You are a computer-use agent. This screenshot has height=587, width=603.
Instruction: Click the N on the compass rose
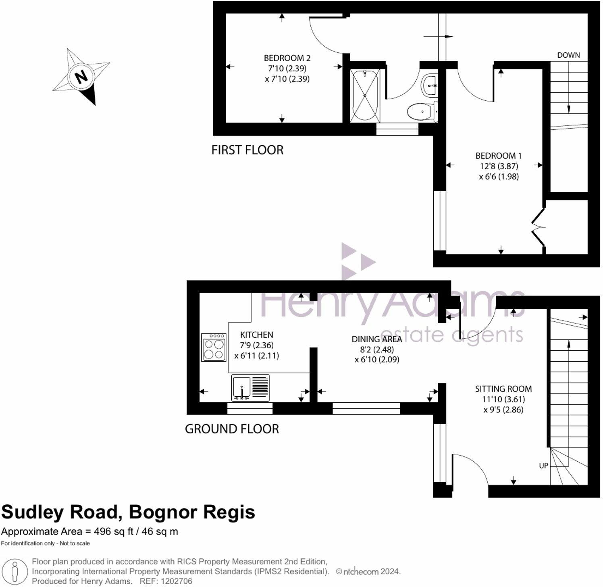pyautogui.click(x=81, y=76)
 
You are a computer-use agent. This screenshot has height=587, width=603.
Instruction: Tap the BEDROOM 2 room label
pyautogui.click(x=287, y=58)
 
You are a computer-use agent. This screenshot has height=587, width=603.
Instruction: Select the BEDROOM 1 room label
pyautogui.click(x=498, y=156)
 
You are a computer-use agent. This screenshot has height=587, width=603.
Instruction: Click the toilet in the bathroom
pyautogui.click(x=422, y=111)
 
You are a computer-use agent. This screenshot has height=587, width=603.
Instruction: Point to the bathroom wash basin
pyautogui.click(x=430, y=85)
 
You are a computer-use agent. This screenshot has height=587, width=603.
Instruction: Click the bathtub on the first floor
pyautogui.click(x=365, y=96)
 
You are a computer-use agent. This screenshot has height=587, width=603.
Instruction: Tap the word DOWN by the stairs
pyautogui.click(x=568, y=55)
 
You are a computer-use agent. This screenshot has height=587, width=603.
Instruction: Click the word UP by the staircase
pyautogui.click(x=543, y=466)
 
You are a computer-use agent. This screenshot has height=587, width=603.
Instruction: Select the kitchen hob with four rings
pyautogui.click(x=214, y=347)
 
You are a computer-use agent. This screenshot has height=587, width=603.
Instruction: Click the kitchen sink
pyautogui.click(x=241, y=388)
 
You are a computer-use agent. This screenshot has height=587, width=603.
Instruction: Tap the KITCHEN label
pyautogui.click(x=256, y=335)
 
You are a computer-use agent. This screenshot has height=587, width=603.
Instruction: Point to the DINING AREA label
pyautogui.click(x=376, y=339)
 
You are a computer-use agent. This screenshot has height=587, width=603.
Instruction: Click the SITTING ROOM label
pyautogui.click(x=503, y=389)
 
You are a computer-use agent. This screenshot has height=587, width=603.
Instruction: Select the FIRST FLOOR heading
pyautogui.click(x=247, y=150)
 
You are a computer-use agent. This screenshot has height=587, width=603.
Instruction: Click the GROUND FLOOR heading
pyautogui.click(x=232, y=429)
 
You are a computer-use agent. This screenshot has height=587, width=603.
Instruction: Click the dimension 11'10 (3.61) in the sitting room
pyautogui.click(x=503, y=400)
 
